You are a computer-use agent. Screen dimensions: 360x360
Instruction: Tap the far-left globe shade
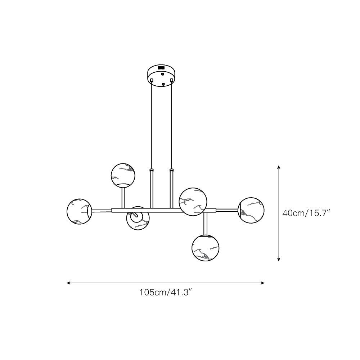tap(79, 211)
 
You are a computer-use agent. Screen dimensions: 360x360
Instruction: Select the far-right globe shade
tap(251, 210)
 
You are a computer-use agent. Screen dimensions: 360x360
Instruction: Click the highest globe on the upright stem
tap(123, 175)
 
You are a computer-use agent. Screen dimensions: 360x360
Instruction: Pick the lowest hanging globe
tap(206, 248)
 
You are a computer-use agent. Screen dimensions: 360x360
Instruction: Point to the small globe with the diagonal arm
tap(138, 218)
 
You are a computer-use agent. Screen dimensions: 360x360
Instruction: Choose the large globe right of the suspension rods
tap(193, 201)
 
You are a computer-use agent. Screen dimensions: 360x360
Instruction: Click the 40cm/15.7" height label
tap(306, 213)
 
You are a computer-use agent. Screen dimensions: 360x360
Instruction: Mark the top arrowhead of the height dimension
tap(279, 167)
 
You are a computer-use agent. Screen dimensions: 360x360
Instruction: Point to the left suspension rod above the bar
tap(152, 189)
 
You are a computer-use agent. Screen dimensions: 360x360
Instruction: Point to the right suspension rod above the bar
tap(171, 189)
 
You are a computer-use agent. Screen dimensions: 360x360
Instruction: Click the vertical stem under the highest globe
tap(123, 197)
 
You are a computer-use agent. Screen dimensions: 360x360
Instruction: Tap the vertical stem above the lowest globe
tap(206, 223)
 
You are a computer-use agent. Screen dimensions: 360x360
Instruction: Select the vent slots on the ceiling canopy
tap(161, 67)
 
